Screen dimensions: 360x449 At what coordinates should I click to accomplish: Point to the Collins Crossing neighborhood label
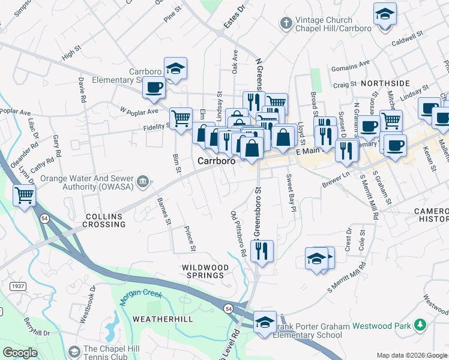106,220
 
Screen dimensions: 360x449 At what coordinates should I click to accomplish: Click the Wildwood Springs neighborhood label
206,271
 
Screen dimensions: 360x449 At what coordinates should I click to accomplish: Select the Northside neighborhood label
385,83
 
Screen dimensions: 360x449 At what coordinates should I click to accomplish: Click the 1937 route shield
17,286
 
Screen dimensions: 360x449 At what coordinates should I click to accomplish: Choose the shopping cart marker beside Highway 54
25,195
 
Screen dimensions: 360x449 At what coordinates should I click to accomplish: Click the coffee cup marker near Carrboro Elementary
154,88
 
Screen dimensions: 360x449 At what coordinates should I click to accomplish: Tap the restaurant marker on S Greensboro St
262,250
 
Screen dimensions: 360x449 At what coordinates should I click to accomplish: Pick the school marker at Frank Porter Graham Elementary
265,322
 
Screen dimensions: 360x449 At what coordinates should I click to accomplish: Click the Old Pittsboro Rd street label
239,234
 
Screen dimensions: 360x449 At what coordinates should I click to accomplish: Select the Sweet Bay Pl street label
291,193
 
